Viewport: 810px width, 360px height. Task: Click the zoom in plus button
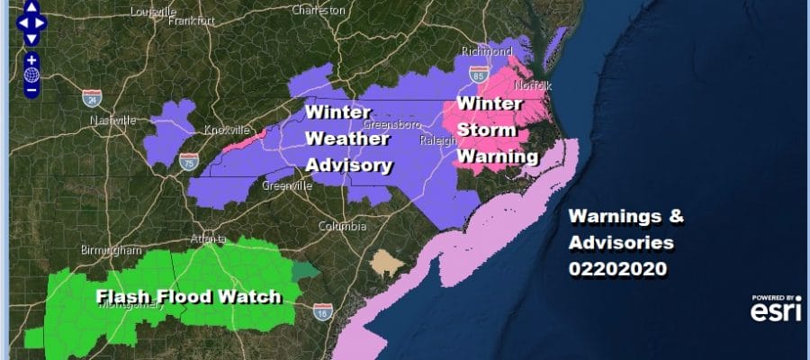point(31,61)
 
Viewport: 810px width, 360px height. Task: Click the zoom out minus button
point(31,90)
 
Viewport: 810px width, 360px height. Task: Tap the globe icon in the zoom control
point(31,76)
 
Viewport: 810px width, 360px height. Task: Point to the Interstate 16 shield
point(320,310)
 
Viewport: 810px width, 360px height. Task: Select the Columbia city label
point(341,226)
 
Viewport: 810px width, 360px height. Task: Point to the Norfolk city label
point(526,85)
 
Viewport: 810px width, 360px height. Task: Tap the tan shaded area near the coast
point(388,262)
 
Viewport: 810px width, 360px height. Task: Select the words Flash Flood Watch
point(189,297)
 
